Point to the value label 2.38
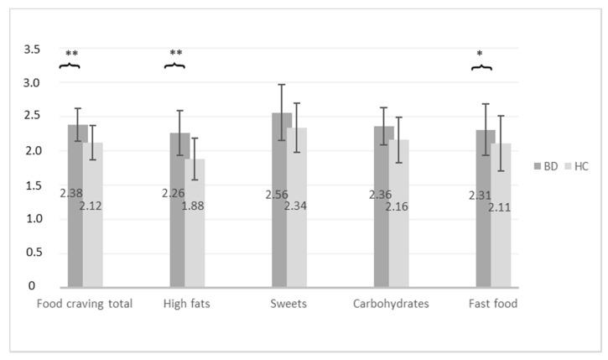tap(71, 193)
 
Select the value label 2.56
tap(277, 194)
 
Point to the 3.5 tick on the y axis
tap(31, 50)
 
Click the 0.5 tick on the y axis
tap(31, 253)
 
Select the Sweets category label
tap(289, 304)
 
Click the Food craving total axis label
tap(85, 304)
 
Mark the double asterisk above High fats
tap(175, 54)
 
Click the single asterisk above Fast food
tap(480, 55)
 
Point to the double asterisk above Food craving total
tap(70, 54)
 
